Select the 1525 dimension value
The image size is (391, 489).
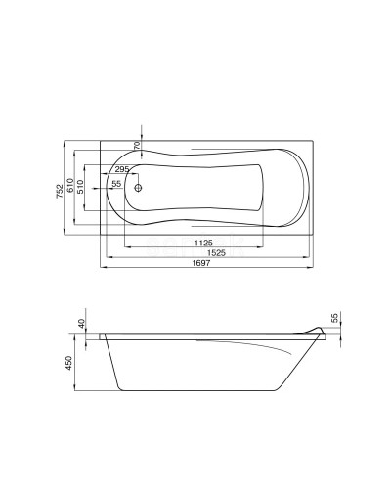coord(216,252)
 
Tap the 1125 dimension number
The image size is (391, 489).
coord(203,243)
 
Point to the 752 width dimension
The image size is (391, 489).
coord(60,192)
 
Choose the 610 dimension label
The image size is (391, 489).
coord(70,186)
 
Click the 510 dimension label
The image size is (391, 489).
coord(80,187)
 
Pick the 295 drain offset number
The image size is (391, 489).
coord(122,169)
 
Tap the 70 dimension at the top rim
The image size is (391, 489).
coord(137,145)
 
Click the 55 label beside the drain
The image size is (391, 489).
coord(116,184)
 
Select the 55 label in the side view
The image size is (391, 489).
coord(335,317)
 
